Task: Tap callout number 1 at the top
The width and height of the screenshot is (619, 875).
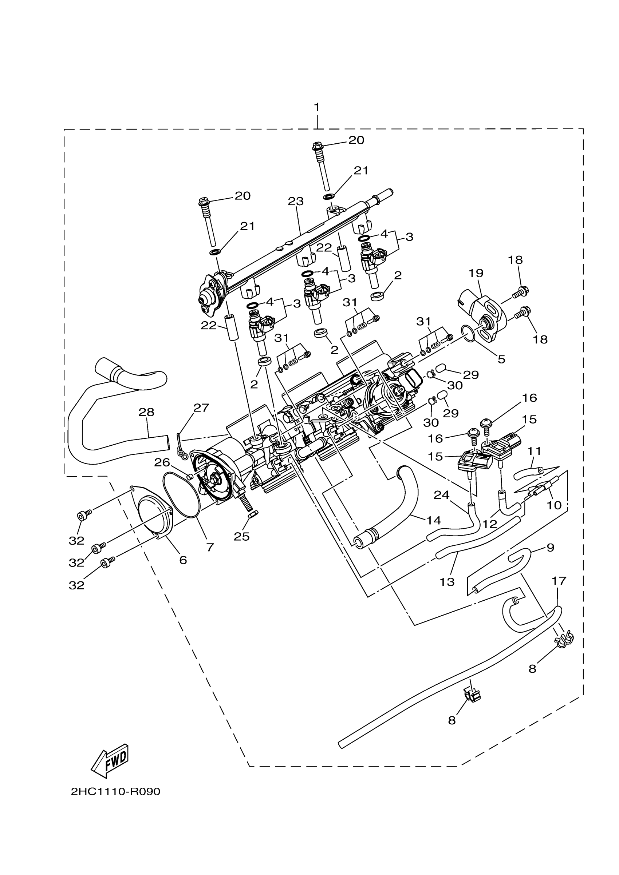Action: coord(316,107)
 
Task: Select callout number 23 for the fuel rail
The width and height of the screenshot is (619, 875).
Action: coord(296,201)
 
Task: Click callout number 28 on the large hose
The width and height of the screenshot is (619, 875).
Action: coord(146,412)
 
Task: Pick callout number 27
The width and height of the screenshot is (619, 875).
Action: coord(201,408)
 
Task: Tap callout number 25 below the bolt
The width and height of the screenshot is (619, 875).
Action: coord(241,536)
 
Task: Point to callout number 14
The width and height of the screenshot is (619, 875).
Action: coord(434,520)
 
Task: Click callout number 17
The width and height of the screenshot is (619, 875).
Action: coord(559,581)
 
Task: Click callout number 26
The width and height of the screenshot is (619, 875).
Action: coord(162,462)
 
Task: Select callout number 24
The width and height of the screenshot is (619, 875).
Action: coord(441,495)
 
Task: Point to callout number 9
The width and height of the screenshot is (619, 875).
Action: coord(550,548)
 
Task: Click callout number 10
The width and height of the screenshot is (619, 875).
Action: coord(554,505)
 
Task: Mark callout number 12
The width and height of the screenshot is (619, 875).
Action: coord(490,524)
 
